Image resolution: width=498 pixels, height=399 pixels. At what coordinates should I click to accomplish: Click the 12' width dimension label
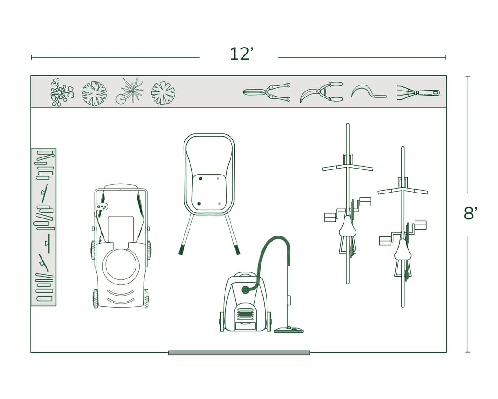(x=242, y=54)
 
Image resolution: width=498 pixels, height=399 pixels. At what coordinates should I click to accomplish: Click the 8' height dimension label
(x=470, y=214)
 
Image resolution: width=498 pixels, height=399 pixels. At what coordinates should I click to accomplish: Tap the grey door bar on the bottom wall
(x=239, y=352)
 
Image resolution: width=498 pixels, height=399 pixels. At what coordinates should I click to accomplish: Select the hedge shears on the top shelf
(x=267, y=92)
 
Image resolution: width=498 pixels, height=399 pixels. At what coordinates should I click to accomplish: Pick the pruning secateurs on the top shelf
(x=321, y=92)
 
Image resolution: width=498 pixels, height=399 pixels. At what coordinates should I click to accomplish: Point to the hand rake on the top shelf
(x=418, y=92)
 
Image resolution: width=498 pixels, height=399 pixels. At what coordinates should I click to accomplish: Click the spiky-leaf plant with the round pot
(x=130, y=91)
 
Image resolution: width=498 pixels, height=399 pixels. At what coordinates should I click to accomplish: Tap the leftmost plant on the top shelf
(x=61, y=92)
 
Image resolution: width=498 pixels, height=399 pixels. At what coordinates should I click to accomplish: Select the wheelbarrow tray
(x=209, y=174)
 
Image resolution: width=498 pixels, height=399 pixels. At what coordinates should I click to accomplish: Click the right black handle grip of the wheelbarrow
(x=237, y=250)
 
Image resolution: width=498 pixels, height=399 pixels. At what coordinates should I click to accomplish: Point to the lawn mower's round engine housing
(x=121, y=266)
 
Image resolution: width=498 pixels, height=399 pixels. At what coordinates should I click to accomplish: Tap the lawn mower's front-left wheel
(x=95, y=298)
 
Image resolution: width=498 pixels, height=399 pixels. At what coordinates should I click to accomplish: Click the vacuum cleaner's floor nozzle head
(x=289, y=330)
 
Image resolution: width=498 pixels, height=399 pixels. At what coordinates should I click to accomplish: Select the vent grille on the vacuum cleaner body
(x=245, y=314)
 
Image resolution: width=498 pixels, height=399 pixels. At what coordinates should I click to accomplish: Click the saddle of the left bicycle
(x=347, y=227)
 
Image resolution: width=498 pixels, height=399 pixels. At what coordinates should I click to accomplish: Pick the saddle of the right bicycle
(x=403, y=250)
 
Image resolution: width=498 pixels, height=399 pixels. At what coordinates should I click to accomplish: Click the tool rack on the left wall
(x=44, y=227)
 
